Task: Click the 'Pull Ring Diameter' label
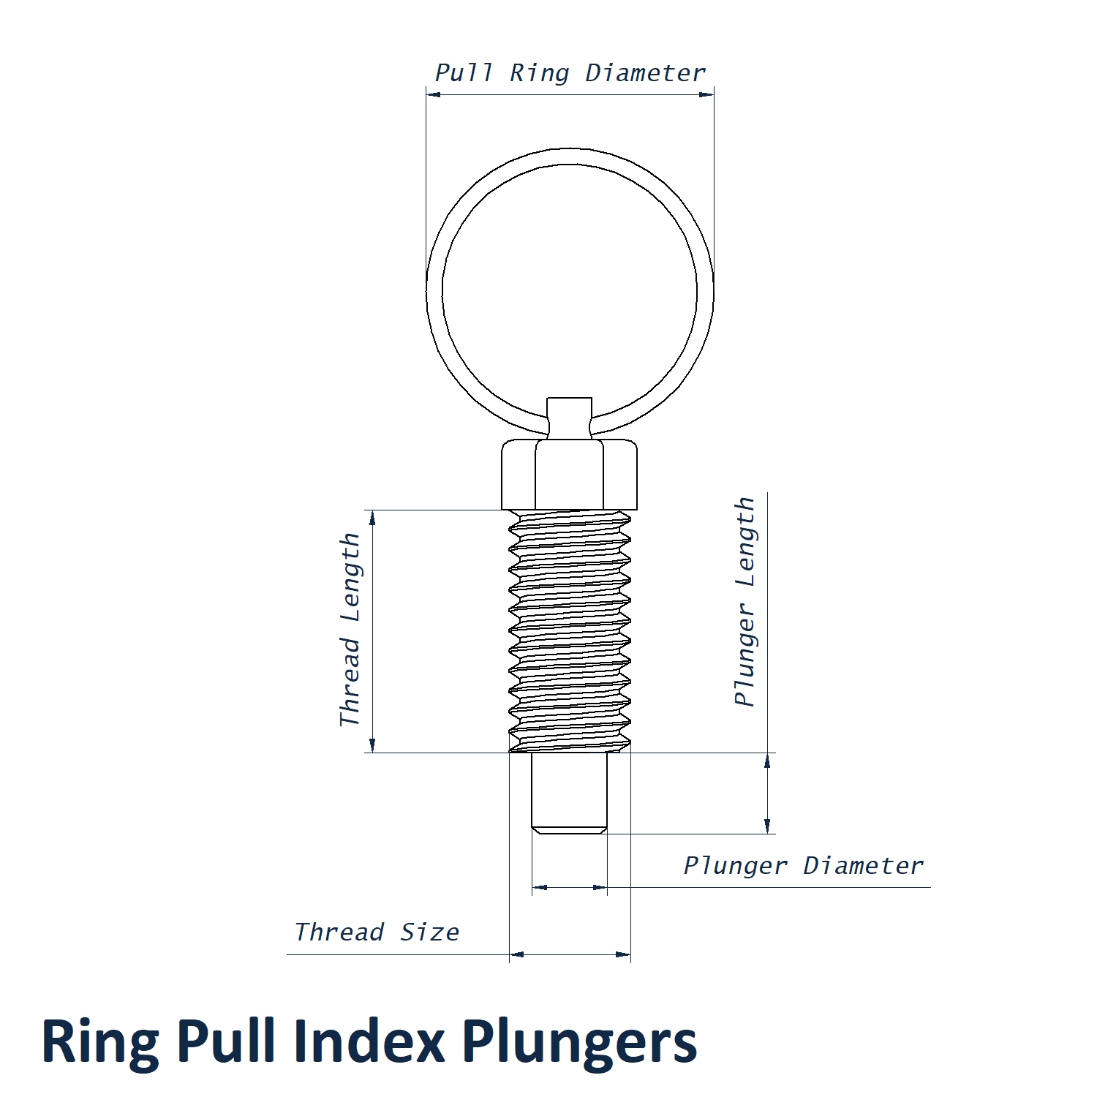(x=570, y=73)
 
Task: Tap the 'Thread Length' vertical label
(x=350, y=630)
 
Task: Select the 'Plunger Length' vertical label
(x=744, y=601)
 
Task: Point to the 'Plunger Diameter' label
(x=803, y=866)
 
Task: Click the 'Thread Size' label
(x=377, y=932)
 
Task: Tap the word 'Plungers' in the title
(x=579, y=1042)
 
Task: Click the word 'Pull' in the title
(x=225, y=1042)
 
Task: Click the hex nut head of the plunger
(x=569, y=474)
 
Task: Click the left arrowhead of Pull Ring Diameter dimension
(x=433, y=94)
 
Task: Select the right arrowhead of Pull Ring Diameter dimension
(x=706, y=94)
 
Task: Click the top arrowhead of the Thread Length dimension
(x=372, y=518)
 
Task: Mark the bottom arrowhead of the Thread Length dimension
(x=372, y=745)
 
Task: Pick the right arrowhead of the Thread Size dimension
(x=623, y=954)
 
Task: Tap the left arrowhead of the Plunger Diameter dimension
(x=540, y=888)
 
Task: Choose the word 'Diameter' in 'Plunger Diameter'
(x=863, y=866)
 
